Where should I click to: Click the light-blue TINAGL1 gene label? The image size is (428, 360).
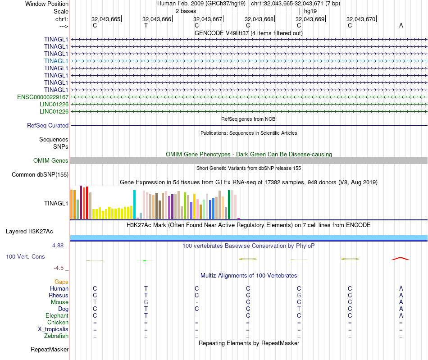point(56,61)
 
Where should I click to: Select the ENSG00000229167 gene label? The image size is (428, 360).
point(43,97)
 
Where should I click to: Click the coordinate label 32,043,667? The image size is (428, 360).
point(208,19)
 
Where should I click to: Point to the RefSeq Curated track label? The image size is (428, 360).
point(48,126)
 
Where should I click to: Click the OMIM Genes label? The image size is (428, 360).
point(51,161)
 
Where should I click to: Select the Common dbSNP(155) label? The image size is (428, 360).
point(40,175)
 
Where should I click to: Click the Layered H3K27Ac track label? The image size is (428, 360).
point(29,232)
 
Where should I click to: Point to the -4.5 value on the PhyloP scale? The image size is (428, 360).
point(59,268)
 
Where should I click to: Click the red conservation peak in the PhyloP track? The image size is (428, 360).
point(401,259)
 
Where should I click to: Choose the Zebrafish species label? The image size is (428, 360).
point(56,336)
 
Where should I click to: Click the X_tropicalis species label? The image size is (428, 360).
point(53,329)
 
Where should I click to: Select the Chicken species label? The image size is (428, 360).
point(58,323)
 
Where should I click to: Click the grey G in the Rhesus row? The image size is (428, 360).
point(299,296)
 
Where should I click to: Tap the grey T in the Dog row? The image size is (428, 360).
point(299,309)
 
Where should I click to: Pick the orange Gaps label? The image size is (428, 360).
point(61,282)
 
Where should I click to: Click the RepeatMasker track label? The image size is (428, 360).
point(50,350)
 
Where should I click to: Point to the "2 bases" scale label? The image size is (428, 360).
point(185,11)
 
